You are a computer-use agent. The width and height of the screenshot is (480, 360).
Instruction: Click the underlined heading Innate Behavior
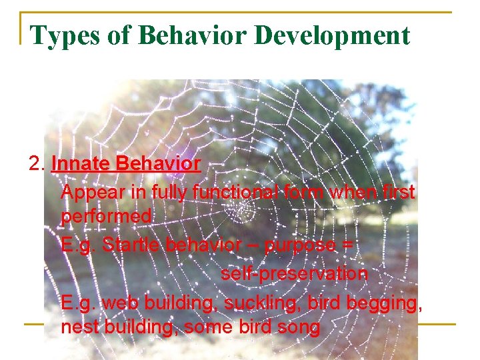(x=125, y=163)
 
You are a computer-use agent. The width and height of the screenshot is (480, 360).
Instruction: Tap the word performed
(x=106, y=217)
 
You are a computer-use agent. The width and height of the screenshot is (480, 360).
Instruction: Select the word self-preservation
(x=294, y=273)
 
